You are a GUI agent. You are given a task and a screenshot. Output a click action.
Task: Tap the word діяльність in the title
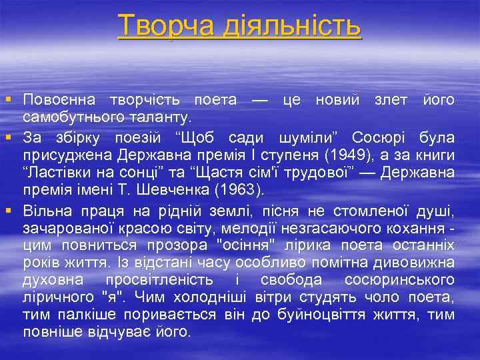coord(298,26)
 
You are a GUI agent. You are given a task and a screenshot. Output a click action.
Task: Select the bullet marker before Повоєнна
coord(7,99)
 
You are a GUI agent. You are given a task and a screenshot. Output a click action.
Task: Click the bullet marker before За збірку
coord(7,137)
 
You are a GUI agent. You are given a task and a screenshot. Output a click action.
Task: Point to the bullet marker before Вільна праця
coord(7,211)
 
